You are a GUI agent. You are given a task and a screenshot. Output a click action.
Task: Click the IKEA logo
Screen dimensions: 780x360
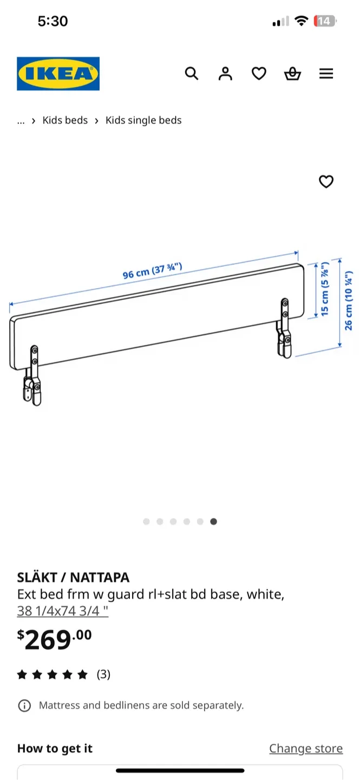(58, 74)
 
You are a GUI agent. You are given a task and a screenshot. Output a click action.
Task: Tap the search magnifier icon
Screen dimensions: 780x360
(192, 73)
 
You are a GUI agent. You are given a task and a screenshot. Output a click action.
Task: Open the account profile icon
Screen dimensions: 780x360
(225, 74)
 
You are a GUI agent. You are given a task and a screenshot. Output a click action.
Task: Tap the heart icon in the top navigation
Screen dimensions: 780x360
(259, 74)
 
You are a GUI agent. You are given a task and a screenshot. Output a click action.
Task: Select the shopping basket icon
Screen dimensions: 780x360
(292, 74)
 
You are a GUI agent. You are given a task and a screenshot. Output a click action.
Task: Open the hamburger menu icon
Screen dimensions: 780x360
(326, 74)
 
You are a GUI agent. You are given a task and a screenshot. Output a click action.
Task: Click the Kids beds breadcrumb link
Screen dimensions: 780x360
(65, 120)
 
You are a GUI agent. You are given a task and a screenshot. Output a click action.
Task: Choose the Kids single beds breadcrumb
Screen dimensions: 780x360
(143, 120)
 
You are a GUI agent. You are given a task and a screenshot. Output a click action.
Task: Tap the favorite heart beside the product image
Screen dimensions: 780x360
(326, 182)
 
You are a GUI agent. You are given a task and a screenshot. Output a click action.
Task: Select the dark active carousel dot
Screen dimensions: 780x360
(214, 522)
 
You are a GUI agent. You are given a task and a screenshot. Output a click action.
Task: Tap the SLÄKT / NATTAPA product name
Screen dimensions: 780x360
(73, 577)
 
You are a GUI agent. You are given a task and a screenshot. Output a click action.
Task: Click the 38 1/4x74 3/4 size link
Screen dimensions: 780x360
(63, 611)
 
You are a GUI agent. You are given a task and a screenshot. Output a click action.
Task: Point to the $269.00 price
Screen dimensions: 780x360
(55, 640)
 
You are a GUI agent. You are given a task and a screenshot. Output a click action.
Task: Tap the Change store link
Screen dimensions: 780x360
(306, 749)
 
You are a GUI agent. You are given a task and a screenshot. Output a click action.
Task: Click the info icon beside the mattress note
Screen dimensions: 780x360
(24, 705)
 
